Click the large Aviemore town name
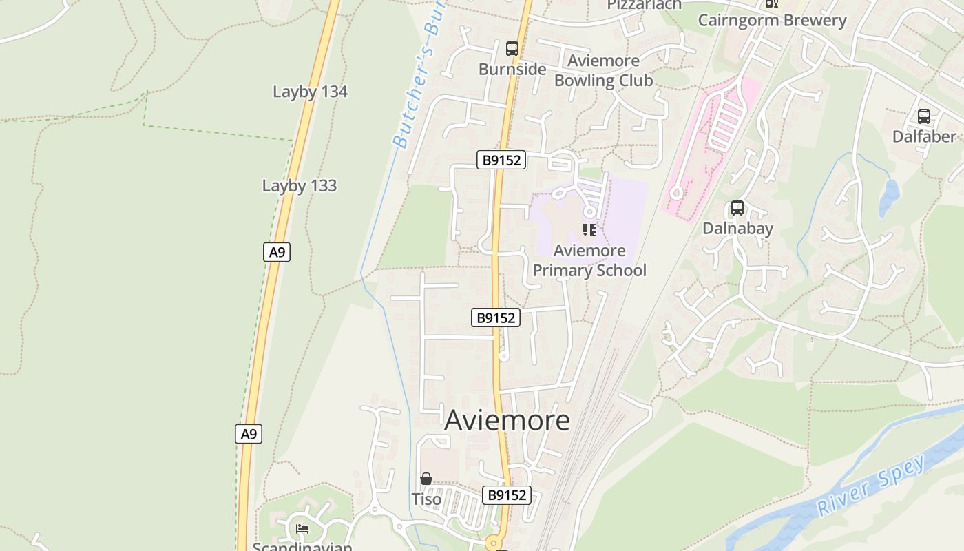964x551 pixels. pos(507,420)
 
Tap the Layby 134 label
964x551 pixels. pos(310,92)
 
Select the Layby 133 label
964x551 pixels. pos(300,185)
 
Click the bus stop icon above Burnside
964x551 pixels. pos(512,49)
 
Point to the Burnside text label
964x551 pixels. pos(512,69)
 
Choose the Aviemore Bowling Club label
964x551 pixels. pos(603,70)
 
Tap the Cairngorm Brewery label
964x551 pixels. pos(772,20)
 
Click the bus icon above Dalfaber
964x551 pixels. pos(924,116)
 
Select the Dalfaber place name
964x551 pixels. pos(924,136)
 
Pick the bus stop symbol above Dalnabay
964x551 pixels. pos(737,208)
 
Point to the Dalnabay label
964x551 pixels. pos(737,228)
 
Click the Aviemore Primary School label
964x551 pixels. pos(589,260)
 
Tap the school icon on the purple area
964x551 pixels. pos(589,229)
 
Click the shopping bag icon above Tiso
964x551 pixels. pos(426,479)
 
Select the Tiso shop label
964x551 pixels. pos(426,499)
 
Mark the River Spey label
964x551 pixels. pos(872,486)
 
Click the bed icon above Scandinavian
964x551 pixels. pos(302,529)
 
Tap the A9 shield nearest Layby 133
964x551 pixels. pos(277,252)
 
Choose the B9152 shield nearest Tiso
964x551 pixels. pos(506,495)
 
